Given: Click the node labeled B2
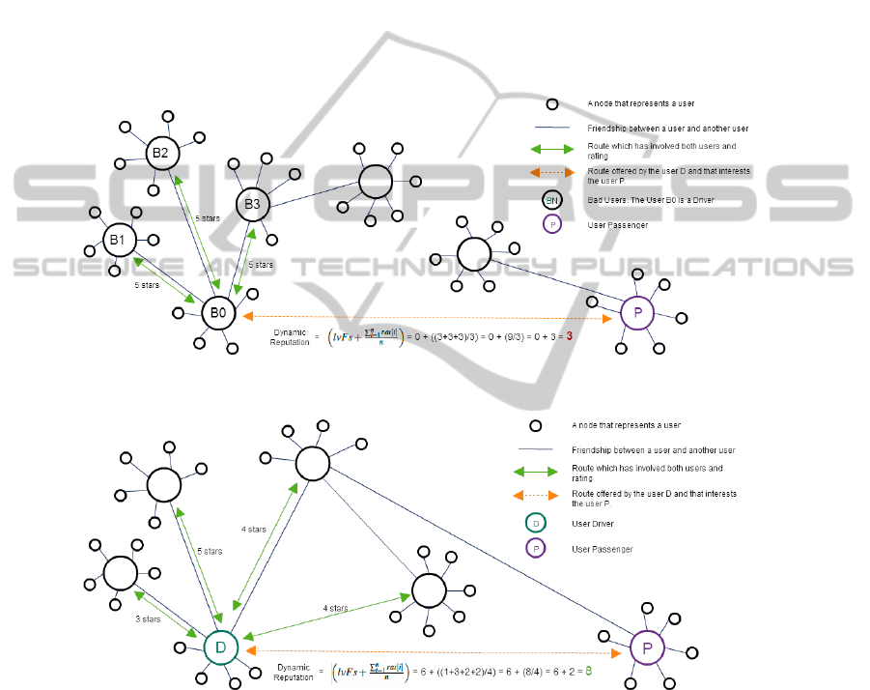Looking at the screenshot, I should tap(160, 153).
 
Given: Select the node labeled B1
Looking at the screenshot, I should tap(118, 240).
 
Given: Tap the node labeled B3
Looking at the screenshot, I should tap(252, 204).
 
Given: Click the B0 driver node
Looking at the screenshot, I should tap(218, 313).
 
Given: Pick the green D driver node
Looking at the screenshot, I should tap(220, 647).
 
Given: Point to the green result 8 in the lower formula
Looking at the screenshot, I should tap(587, 670).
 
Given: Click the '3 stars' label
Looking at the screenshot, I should tap(147, 619).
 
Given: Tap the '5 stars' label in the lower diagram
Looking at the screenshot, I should tap(209, 552).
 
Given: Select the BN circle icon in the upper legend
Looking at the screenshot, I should tap(551, 200).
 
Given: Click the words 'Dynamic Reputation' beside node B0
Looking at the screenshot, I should tap(289, 336).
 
